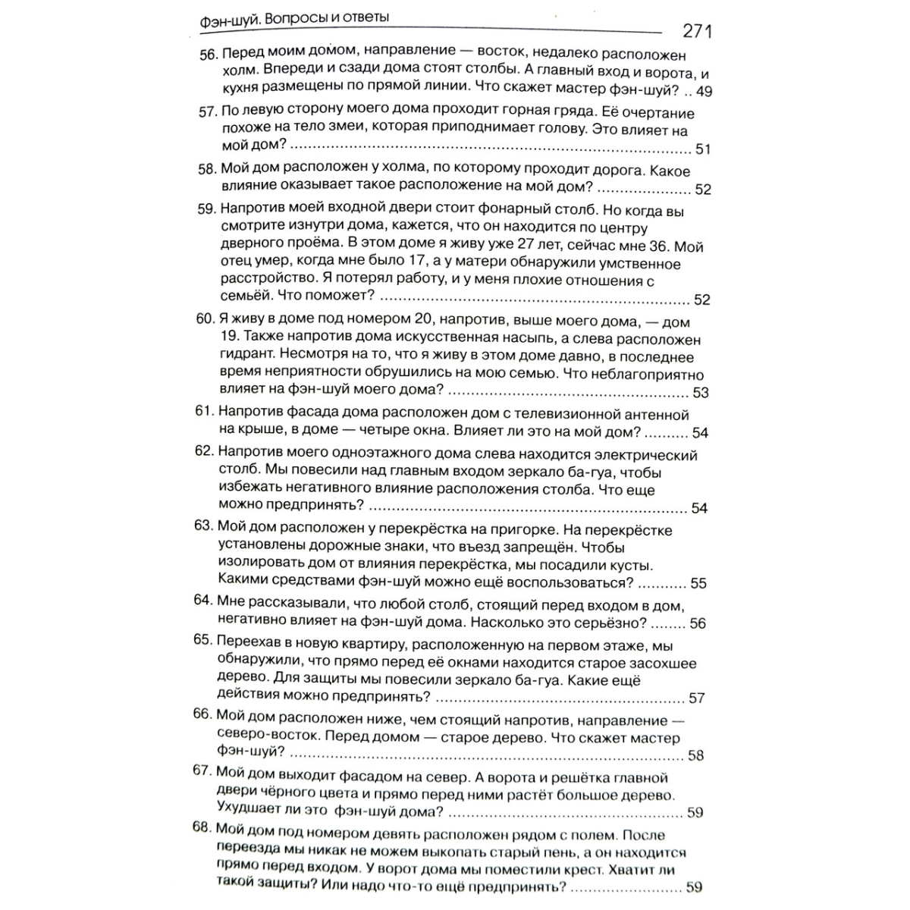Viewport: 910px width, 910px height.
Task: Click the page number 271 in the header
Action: [x=697, y=31]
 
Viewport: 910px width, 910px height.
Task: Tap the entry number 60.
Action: [x=206, y=319]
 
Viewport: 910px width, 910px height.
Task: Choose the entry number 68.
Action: [x=203, y=828]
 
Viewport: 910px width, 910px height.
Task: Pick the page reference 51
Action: [x=702, y=149]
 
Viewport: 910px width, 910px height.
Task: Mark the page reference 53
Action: [x=701, y=393]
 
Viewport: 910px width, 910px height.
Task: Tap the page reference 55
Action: [x=698, y=583]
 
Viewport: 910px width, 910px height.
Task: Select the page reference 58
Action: [x=695, y=755]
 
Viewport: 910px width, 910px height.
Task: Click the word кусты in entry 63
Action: [x=632, y=566]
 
